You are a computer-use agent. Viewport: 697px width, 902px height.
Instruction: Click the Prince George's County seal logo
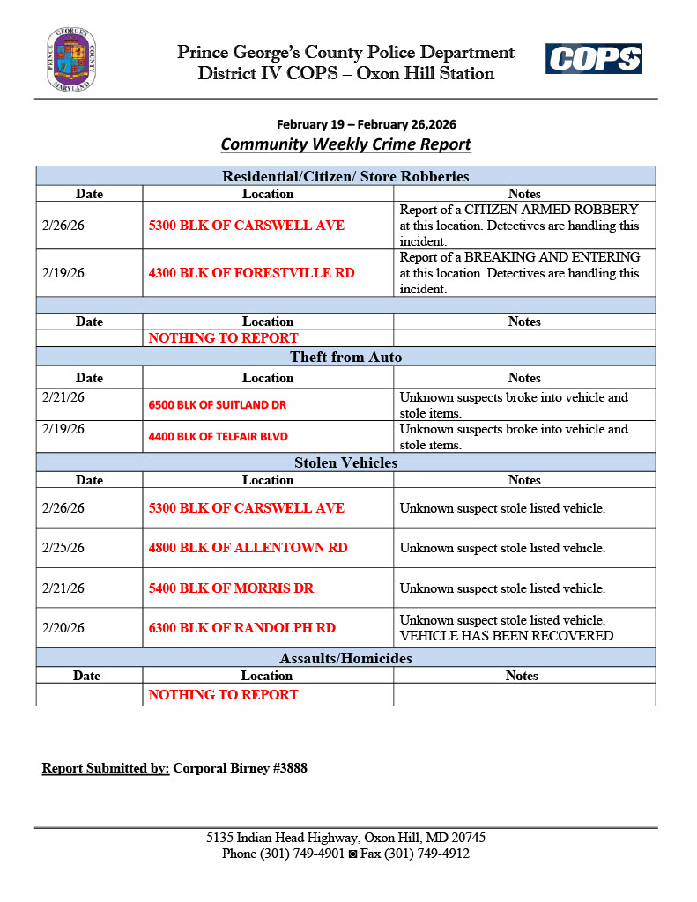71,60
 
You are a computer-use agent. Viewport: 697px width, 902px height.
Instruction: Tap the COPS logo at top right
593,59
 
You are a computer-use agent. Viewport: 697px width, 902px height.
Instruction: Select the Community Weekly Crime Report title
345,144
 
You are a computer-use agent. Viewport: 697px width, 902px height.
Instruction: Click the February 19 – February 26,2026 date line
367,125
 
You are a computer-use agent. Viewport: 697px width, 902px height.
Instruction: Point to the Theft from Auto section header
345,357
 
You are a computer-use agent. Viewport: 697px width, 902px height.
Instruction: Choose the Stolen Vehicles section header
345,462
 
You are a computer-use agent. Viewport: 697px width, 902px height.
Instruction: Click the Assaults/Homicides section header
345,658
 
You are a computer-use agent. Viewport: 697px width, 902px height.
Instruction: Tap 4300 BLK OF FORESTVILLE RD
251,273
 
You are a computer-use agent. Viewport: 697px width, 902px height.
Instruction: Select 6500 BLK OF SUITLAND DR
218,405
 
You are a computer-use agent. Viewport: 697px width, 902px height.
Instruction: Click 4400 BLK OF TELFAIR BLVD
218,436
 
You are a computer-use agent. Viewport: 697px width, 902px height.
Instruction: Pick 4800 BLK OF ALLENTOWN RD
248,548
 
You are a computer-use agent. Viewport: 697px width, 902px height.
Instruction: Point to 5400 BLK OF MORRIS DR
231,588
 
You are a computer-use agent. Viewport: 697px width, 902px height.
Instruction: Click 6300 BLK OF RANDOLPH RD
241,628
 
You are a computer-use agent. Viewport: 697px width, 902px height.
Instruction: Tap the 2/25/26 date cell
63,548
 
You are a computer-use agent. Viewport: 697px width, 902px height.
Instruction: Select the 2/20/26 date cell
63,628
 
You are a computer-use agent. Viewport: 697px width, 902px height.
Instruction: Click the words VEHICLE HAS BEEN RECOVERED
508,636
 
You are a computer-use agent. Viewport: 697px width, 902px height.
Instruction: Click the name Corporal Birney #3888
240,768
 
